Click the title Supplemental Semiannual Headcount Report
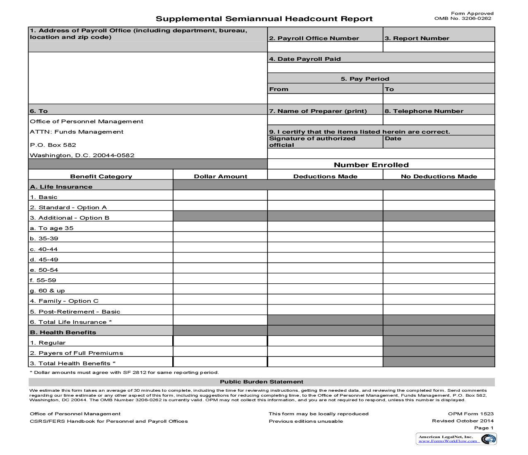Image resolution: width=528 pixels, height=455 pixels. point(264,19)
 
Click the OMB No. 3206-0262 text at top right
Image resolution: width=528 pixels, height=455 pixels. point(463,18)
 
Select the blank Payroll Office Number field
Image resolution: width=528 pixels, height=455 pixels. point(325,47)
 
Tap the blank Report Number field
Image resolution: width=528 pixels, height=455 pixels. point(439,47)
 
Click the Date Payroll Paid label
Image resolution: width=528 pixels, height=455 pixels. point(305,59)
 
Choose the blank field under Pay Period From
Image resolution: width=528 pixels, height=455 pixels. point(325,99)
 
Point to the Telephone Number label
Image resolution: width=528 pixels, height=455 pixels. point(424,111)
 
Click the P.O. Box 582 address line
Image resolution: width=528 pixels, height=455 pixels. point(53,145)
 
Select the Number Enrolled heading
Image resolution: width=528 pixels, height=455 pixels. point(371,165)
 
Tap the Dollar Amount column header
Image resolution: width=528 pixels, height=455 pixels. point(220,176)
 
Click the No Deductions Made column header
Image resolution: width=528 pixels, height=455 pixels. point(439,176)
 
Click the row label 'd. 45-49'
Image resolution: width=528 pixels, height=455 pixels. point(44,259)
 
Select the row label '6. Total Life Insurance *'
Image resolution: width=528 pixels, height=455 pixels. point(71,322)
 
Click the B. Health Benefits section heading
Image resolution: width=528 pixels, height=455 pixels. point(63,332)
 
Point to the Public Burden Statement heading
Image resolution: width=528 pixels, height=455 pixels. point(261,382)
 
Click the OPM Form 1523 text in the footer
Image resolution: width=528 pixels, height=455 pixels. point(470,414)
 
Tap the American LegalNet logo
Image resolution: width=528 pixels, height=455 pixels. point(456,439)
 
